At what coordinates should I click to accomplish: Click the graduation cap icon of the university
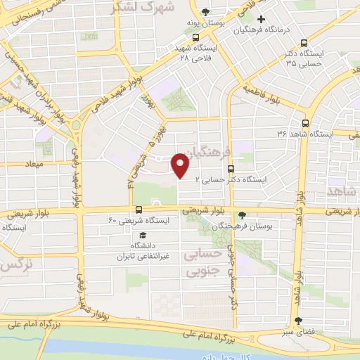[x=143, y=235]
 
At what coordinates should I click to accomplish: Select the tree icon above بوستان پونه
[x=205, y=12]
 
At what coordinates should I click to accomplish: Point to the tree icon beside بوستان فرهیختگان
[x=243, y=215]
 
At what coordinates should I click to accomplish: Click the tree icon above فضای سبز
[x=303, y=320]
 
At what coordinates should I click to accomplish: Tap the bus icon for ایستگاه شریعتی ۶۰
[x=139, y=209]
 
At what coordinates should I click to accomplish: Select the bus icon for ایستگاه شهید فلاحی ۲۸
[x=195, y=39]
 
